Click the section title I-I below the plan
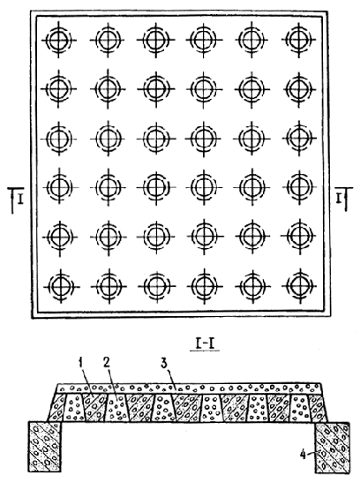[205, 344]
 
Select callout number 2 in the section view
[107, 364]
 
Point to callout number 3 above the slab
[164, 364]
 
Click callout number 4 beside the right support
[303, 455]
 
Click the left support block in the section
[45, 447]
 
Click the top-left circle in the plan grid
[59, 40]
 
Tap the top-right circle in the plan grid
[298, 40]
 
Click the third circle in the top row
[156, 40]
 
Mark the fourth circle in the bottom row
[204, 286]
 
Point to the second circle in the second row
[108, 88]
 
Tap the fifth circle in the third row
[251, 138]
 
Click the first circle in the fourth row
[60, 186]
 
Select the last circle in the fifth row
[298, 236]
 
